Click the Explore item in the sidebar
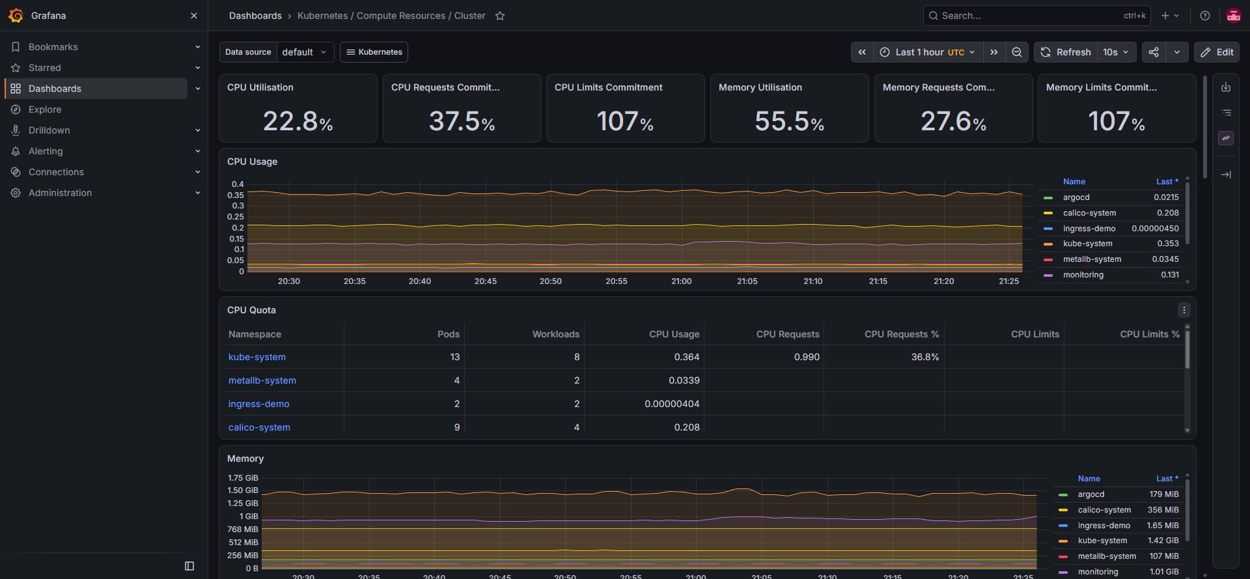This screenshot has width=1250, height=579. point(45,109)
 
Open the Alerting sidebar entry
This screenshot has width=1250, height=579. point(46,151)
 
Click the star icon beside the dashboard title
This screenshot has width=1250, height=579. point(500,16)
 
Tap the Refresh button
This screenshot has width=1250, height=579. point(1066,52)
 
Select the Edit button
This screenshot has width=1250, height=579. point(1217,52)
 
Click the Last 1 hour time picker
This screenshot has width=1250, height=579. point(927,52)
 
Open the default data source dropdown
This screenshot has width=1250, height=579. point(305,52)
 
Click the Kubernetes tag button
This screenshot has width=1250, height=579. point(374,52)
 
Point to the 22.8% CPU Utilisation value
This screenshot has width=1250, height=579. point(298,121)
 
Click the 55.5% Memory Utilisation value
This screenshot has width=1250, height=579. point(790,121)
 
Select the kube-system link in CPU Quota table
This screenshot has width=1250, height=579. point(257,357)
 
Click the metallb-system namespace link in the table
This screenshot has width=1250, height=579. point(262,380)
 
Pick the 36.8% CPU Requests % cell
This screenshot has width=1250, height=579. point(925,357)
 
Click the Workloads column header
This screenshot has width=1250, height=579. point(556,334)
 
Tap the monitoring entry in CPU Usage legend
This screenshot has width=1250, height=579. point(1083,275)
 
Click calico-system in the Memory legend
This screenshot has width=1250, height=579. point(1104,510)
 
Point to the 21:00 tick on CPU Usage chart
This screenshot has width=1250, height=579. point(682,281)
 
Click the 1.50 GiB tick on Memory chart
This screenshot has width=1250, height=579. point(243,490)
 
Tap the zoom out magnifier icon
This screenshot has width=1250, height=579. point(1016,52)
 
